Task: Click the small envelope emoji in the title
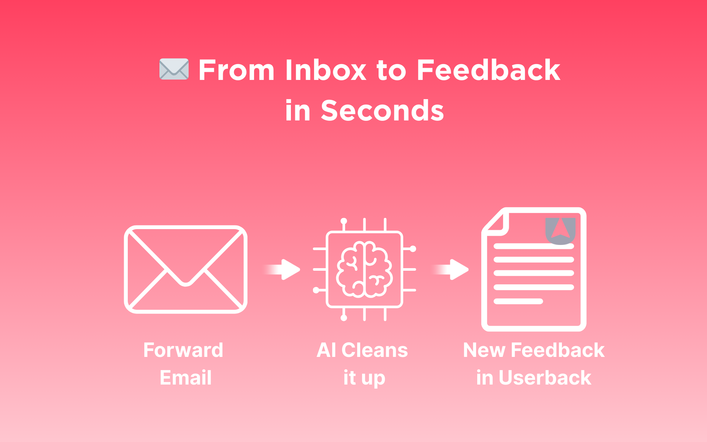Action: click(174, 69)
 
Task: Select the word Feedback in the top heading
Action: click(489, 70)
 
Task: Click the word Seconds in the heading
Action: click(382, 110)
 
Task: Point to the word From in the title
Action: click(236, 70)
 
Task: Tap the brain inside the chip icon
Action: click(365, 269)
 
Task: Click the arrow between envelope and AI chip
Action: click(282, 270)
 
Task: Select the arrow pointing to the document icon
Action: click(450, 270)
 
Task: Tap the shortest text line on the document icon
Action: click(518, 301)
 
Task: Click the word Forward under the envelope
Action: click(183, 350)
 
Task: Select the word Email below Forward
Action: click(186, 378)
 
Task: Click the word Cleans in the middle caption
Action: click(374, 350)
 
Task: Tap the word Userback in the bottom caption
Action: click(545, 378)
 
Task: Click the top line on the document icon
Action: click(534, 246)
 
